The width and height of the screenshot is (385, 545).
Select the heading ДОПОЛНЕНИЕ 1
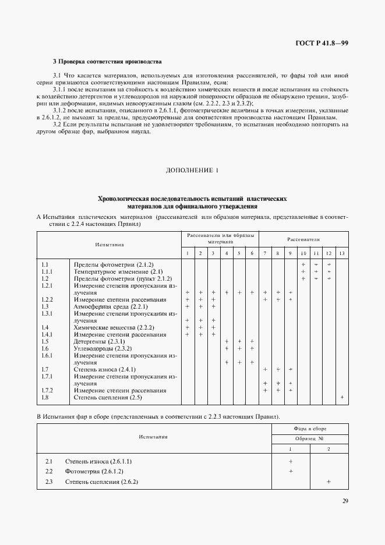(x=192, y=171)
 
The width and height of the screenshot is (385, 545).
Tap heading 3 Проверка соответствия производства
(x=107, y=61)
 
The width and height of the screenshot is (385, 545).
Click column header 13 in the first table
(x=341, y=253)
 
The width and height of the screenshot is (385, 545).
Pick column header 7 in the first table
(x=265, y=253)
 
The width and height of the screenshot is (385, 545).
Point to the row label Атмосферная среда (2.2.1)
(x=111, y=306)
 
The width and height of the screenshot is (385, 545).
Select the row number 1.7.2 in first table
(x=48, y=390)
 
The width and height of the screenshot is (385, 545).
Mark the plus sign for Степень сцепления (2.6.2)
(x=329, y=482)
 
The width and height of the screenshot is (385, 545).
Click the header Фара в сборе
(x=310, y=429)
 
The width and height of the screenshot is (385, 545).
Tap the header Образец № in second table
(x=310, y=438)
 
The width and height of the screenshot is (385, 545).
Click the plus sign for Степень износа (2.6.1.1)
(x=291, y=461)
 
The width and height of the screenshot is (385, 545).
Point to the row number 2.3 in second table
(x=49, y=482)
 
